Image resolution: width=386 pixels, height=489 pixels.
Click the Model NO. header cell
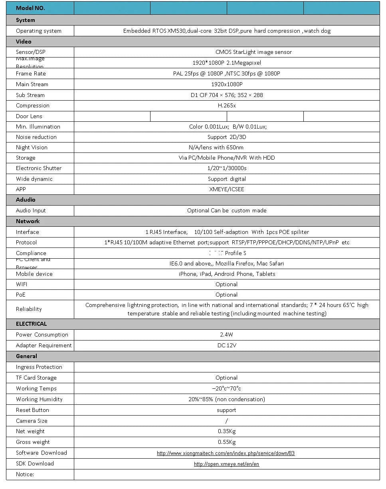30,8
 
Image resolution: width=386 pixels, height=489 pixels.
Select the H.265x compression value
226,105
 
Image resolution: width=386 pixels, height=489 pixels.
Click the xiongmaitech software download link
226,453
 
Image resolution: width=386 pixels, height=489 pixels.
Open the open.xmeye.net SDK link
226,464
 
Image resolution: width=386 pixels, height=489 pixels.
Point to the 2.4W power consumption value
226,335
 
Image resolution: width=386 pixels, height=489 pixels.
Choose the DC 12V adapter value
226,345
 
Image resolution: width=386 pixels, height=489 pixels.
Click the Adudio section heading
26,200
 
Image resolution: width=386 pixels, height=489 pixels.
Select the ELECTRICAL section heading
31,324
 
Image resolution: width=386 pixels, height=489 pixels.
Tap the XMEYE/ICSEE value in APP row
226,189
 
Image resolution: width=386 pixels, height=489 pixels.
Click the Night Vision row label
32,147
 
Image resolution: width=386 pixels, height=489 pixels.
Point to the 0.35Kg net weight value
226,431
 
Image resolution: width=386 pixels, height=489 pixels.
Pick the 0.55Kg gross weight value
226,442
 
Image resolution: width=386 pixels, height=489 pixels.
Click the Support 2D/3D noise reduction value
226,137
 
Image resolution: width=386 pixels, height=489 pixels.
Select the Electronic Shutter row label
39,168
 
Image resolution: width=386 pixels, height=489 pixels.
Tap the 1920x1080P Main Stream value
226,84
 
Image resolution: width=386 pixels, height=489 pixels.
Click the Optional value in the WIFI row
226,284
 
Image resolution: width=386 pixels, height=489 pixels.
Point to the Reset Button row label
32,410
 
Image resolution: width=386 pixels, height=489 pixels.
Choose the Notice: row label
25,474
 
